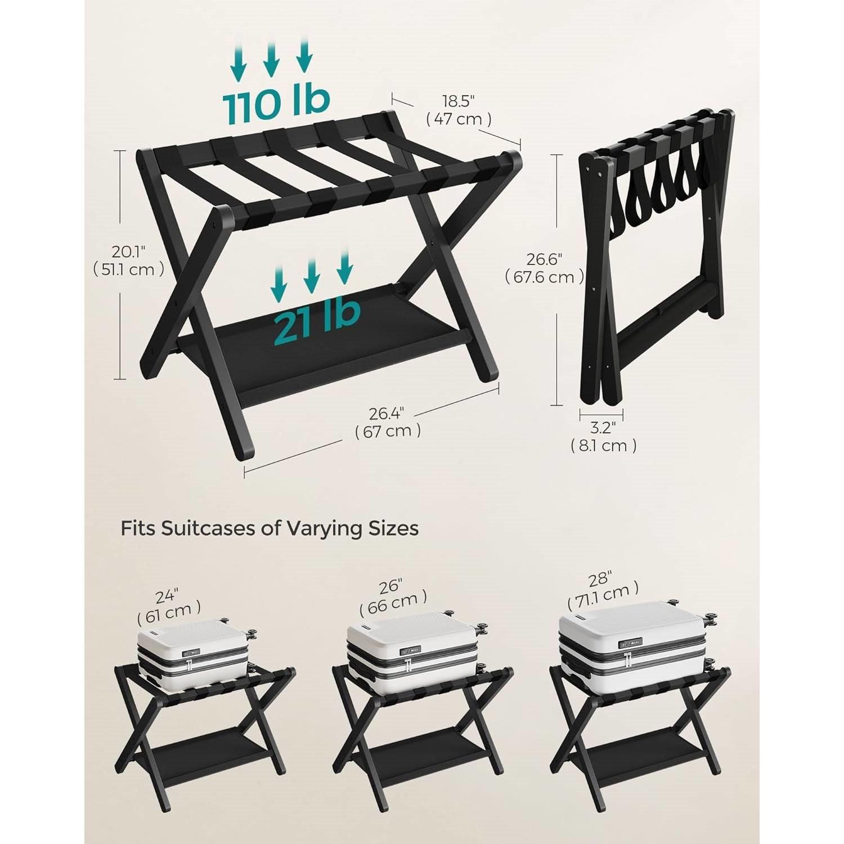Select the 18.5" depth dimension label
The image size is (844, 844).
pos(459,101)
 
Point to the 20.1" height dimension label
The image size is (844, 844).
pos(128,250)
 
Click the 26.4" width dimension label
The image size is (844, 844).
pos(387,414)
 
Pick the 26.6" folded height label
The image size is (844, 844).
pos(544,259)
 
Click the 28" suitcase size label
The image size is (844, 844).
pos(601,578)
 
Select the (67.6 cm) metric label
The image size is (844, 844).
pos(544,277)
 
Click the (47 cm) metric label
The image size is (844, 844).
pos(459,119)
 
